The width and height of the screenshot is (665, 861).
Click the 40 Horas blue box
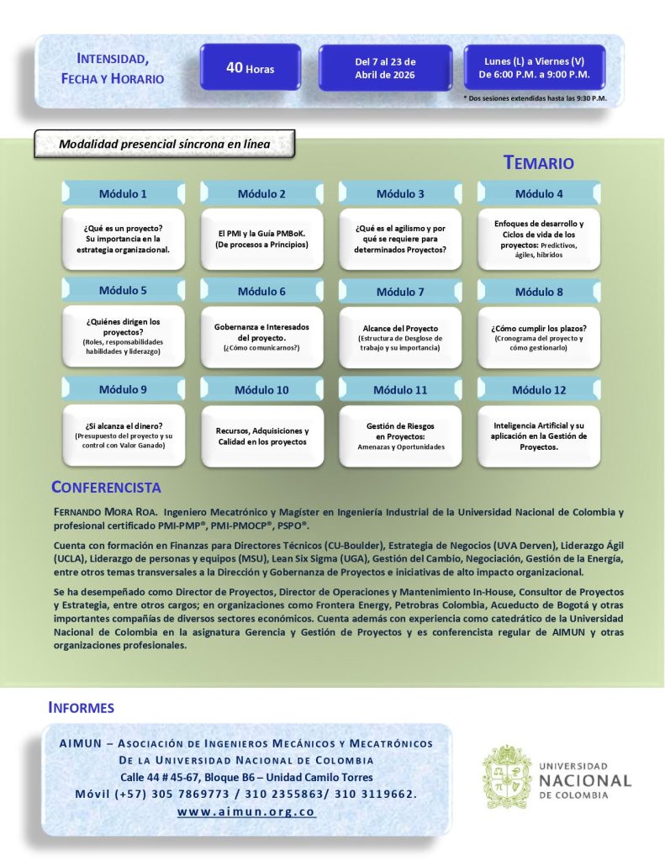[x=251, y=68]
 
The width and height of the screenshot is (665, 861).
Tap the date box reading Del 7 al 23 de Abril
[x=385, y=68]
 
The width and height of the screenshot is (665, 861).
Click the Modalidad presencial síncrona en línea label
[x=164, y=144]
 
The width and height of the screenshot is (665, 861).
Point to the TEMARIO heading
[x=539, y=163]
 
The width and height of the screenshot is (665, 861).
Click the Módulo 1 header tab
[x=123, y=193]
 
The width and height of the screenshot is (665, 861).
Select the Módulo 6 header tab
[x=261, y=292]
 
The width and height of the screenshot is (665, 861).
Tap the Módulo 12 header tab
[x=539, y=390]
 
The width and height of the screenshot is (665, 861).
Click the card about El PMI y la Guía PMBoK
[x=261, y=239]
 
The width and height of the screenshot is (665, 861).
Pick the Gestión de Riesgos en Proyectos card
[x=400, y=436]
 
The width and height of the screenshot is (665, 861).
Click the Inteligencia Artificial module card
[x=539, y=436]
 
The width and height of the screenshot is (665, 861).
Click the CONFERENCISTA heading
[x=106, y=488]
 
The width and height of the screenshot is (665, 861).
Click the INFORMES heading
[x=82, y=708]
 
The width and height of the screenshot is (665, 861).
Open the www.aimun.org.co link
[x=246, y=813]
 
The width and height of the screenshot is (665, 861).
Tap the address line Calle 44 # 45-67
[x=246, y=777]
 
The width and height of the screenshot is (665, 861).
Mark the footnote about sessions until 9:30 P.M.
[x=535, y=98]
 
